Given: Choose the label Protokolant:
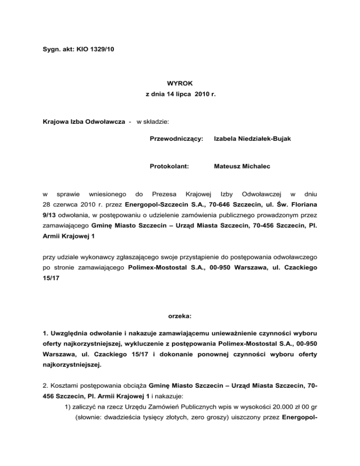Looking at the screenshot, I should [x=169, y=165].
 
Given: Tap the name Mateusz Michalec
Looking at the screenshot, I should [x=241, y=165].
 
